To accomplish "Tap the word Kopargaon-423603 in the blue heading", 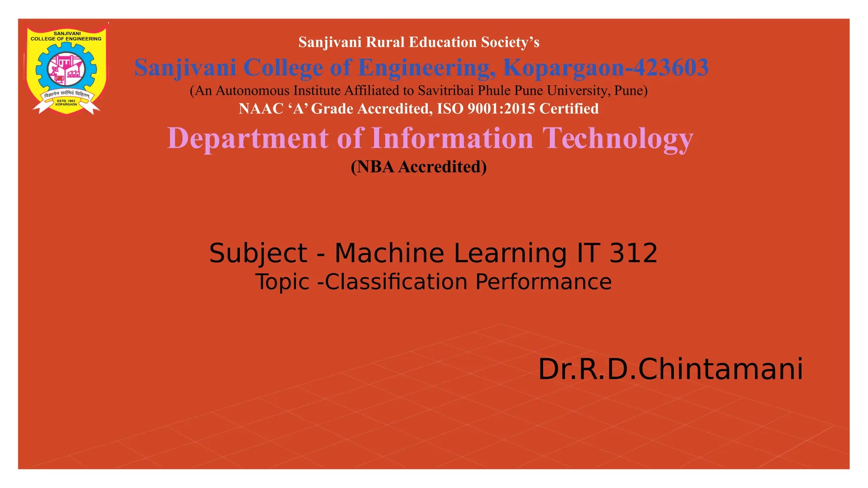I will point(606,68).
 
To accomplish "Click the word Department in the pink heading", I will point(248,139).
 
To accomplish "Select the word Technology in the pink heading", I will point(618,139).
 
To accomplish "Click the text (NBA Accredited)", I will point(419,167).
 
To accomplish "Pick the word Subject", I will point(258,253).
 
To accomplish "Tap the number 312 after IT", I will point(633,253).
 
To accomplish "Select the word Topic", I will point(282,282).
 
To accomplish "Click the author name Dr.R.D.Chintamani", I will point(670,369).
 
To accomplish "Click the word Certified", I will point(569,109).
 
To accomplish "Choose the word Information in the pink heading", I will point(452,139).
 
